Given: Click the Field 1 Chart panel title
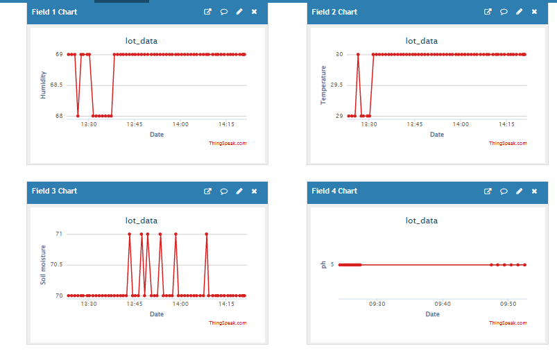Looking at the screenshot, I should coord(54,12).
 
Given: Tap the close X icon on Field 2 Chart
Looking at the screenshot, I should coord(534,12).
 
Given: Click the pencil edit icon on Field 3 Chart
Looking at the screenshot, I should coord(239,191).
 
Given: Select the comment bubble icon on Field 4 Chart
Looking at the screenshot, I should coord(504,191).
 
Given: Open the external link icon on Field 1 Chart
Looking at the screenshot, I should coord(207,12).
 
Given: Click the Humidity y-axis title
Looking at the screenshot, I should coord(43,85).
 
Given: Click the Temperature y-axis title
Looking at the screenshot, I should coord(323,85).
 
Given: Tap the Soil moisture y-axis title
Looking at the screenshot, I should coord(43,265).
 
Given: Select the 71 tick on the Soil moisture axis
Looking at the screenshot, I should coord(58,234).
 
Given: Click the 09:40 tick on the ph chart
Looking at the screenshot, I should coord(443,303).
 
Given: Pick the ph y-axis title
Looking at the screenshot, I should coord(323,264).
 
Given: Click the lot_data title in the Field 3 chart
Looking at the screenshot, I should coord(142,221).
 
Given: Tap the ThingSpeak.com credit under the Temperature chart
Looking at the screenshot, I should coord(508,143).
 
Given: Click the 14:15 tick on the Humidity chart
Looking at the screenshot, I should coord(226,124).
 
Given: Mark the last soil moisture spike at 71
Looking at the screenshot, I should coord(207,234).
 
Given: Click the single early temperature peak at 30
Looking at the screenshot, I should coord(358,54).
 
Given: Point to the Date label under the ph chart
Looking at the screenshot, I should coord(432,314).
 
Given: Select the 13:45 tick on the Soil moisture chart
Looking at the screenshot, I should coord(135,303).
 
